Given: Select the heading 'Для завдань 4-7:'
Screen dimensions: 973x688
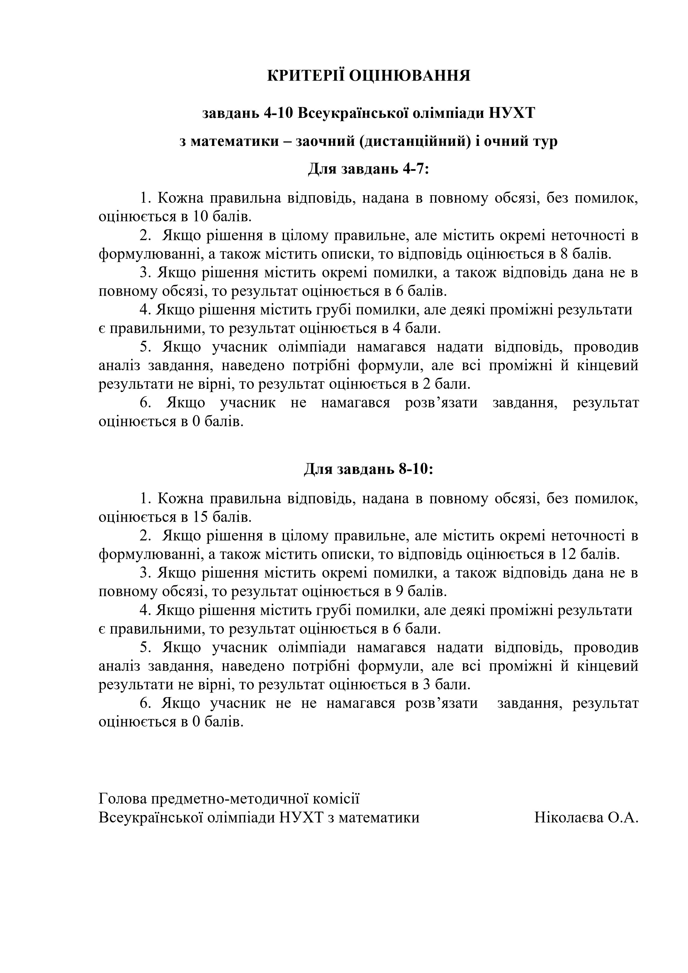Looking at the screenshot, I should pyautogui.click(x=368, y=169).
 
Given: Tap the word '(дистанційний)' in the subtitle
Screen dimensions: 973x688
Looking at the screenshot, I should pyautogui.click(x=413, y=141).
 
